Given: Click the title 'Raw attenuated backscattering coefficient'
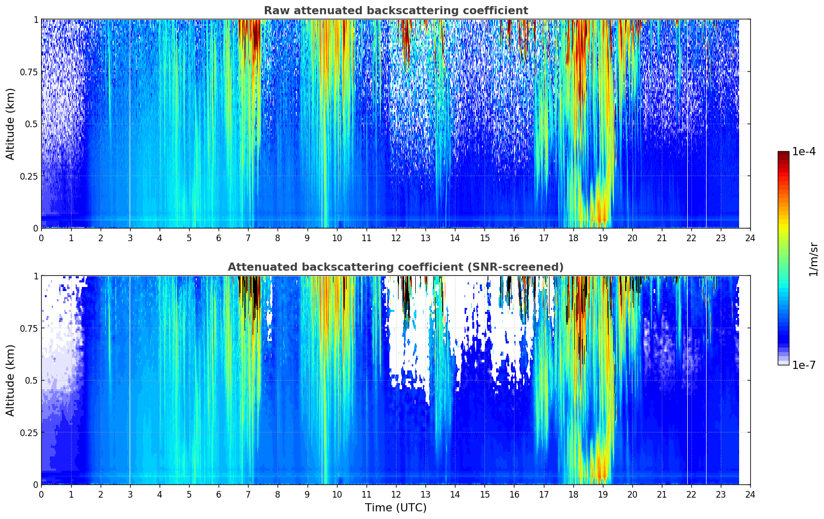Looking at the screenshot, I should point(395,11).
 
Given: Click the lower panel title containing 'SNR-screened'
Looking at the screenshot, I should point(395,267).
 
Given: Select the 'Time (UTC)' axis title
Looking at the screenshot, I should point(395,508).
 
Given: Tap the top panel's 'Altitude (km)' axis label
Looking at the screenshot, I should point(11,124).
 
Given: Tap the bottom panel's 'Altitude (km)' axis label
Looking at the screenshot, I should point(11,380).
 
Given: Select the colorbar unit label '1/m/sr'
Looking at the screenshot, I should point(813,259).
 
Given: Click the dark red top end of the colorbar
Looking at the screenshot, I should point(783,154).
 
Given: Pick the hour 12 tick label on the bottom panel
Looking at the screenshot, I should point(395,495).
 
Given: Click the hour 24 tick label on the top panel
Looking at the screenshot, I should point(750,238).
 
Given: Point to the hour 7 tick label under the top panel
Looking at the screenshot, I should point(248,238).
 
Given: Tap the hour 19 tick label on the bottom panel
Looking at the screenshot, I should point(602,495).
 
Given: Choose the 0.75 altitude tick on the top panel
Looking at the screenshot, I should point(28,72).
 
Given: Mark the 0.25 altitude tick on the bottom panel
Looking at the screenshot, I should point(28,432).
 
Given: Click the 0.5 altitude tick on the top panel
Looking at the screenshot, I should point(32,124).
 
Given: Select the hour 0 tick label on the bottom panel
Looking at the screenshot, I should point(41,495).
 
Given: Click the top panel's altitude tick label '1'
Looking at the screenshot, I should point(36,19).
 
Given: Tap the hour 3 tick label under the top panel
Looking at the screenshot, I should point(130,238).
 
